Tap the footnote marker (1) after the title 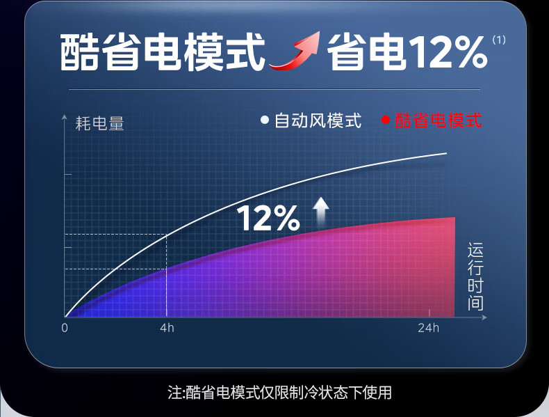(499, 40)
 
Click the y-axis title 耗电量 (100, 123)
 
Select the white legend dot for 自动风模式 (265, 120)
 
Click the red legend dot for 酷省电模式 (386, 120)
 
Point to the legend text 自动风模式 (318, 120)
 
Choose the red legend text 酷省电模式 (439, 120)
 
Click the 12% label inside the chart (268, 218)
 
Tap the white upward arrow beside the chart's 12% (321, 210)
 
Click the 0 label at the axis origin (65, 328)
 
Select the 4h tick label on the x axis (167, 328)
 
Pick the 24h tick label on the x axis (428, 328)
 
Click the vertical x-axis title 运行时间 (475, 276)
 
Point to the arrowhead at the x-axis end (484, 317)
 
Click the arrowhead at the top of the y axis (64, 117)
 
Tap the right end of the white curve (447, 153)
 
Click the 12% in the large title (448, 52)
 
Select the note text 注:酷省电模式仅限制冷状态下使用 (279, 393)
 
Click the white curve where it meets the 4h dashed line (166, 235)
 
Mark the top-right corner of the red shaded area (454, 217)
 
